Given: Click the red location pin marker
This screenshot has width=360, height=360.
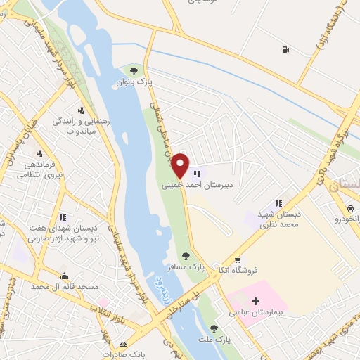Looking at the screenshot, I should click(181, 166).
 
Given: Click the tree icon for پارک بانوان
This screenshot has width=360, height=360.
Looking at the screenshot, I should click(134, 71).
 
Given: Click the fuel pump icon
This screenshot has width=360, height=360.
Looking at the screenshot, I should click(284, 50).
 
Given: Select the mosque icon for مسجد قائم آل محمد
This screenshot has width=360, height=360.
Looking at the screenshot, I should click(65, 276).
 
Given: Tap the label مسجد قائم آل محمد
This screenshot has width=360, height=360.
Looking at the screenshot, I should click(63, 287).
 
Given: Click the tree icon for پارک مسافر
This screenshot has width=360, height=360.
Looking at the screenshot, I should click(186, 257).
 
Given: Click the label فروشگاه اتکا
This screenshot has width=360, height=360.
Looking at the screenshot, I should click(255, 269).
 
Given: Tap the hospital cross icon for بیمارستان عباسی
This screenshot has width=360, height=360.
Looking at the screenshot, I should click(255, 301).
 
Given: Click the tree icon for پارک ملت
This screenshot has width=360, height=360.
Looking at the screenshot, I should click(214, 328).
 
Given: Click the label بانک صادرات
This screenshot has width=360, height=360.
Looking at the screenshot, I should click(122, 354).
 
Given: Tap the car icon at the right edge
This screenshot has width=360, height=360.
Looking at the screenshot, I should click(349, 209).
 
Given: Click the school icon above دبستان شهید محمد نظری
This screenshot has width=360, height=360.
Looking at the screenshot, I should click(279, 203).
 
